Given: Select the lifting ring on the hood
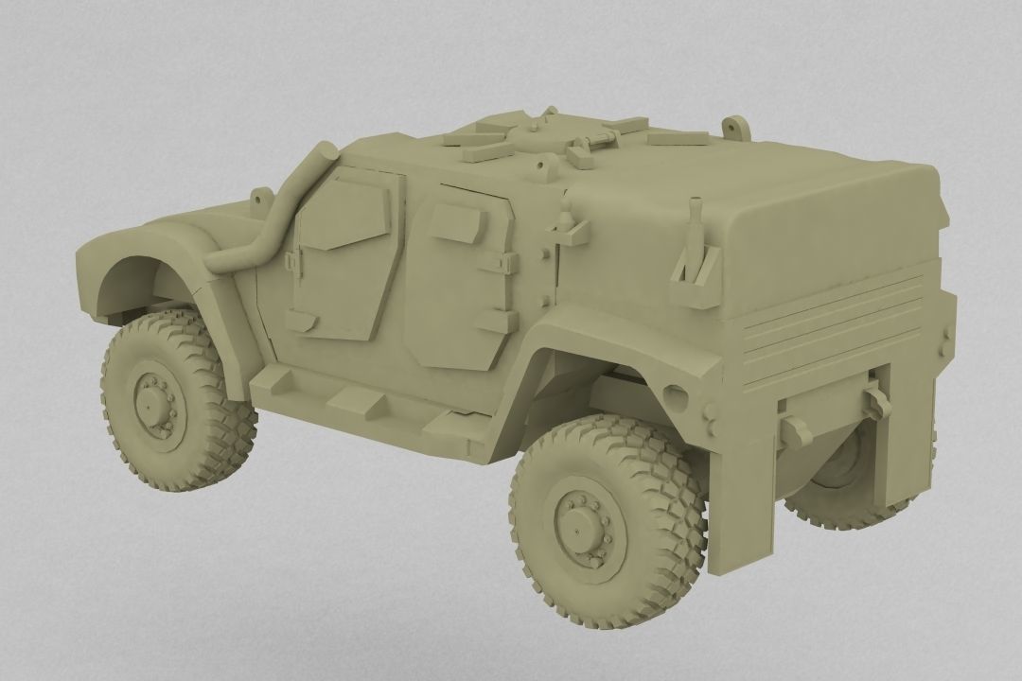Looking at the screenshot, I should [x=256, y=196].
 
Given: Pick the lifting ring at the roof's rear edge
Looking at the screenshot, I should [x=731, y=127].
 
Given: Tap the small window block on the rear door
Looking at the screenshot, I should [x=457, y=223].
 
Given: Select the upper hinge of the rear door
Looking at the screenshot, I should [x=501, y=264].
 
